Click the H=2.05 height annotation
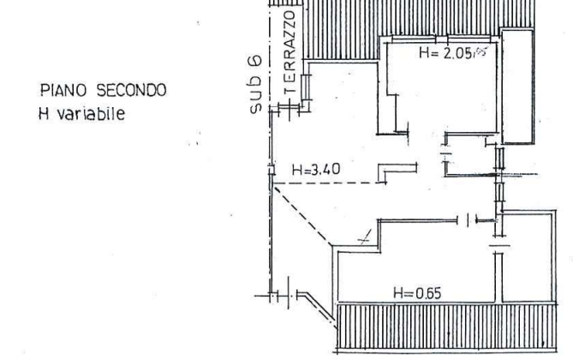[446, 54]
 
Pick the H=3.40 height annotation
[316, 170]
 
